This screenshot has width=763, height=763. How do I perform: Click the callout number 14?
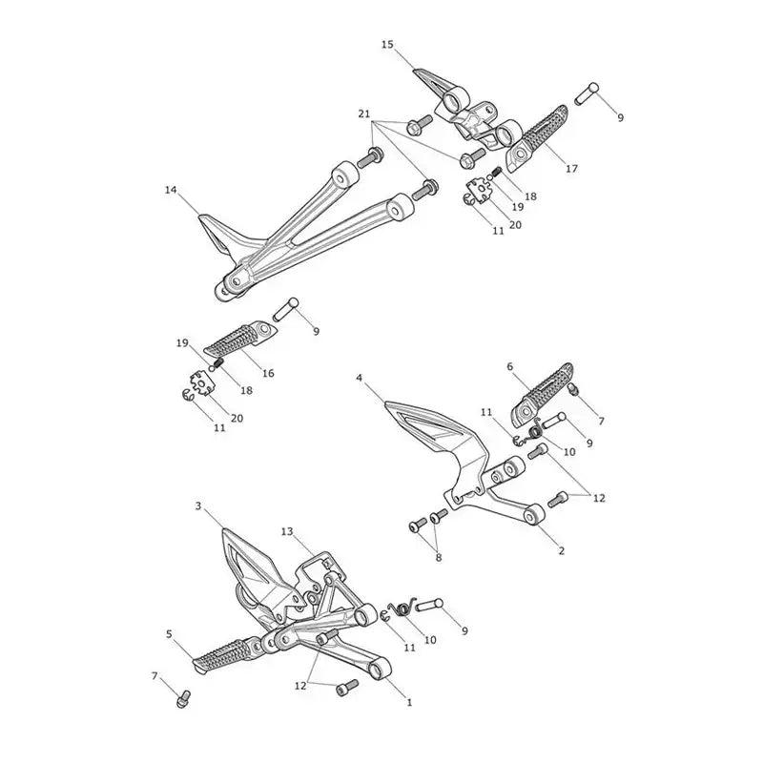[171, 190]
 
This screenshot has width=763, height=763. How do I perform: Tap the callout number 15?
[387, 45]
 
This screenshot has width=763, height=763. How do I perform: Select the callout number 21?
[364, 113]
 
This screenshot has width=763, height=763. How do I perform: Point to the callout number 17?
[571, 169]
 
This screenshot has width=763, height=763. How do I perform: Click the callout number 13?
[287, 531]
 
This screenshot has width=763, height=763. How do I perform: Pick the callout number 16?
[268, 373]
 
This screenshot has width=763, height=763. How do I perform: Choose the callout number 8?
[439, 558]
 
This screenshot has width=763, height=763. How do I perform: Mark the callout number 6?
[510, 366]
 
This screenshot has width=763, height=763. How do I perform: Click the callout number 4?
[360, 378]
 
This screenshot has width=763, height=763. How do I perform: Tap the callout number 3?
[198, 506]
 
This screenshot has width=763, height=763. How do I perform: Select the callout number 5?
[170, 634]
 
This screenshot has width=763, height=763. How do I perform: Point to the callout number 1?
[409, 702]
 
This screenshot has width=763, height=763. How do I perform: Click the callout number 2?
[562, 551]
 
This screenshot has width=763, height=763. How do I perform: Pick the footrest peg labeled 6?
[542, 393]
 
